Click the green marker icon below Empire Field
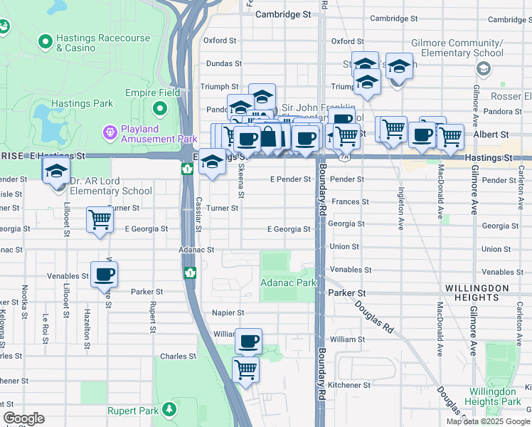pyautogui.click(x=161, y=110)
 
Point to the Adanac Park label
pyautogui.click(x=288, y=283)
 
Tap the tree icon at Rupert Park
pyautogui.click(x=169, y=410)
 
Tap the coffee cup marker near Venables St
pyautogui.click(x=104, y=273)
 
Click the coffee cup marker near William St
pyautogui.click(x=248, y=342)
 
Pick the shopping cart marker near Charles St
pyautogui.click(x=245, y=369)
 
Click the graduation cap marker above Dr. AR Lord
pyautogui.click(x=56, y=172)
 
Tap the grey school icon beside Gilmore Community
pyautogui.click(x=484, y=68)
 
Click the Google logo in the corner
pyautogui.click(x=23, y=418)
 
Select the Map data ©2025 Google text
pyautogui.click(x=488, y=421)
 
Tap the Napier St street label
pyautogui.click(x=228, y=312)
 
